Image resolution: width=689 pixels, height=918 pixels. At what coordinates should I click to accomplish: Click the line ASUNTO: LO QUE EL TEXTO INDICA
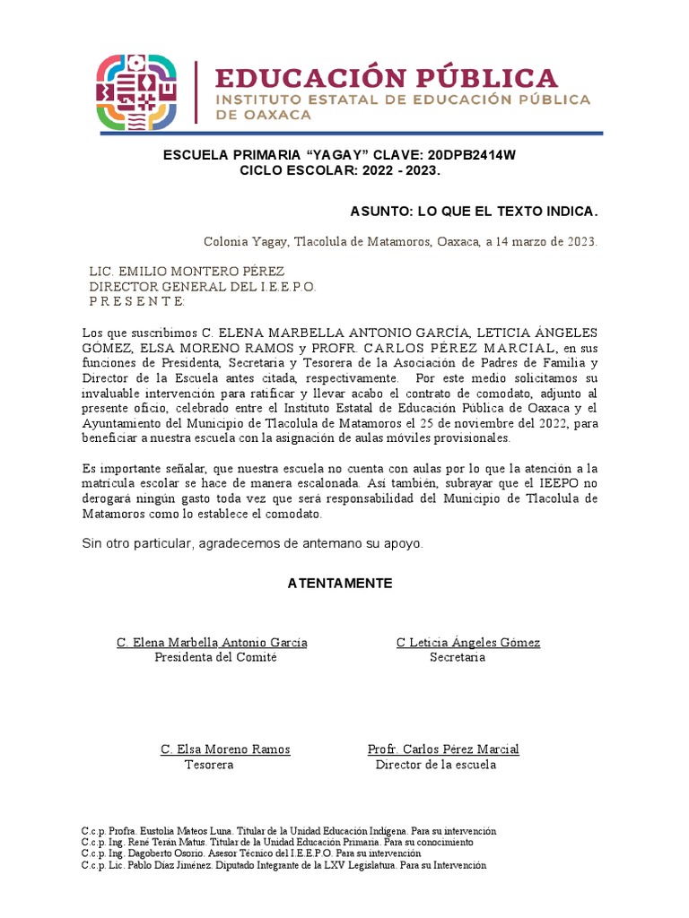tap(473, 212)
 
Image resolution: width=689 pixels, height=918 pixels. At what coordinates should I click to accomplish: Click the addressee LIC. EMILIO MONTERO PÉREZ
tap(187, 271)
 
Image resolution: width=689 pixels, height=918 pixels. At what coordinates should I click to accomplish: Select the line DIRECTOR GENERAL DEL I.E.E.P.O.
tap(202, 286)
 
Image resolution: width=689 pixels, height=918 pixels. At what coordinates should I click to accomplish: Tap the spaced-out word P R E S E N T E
tap(136, 301)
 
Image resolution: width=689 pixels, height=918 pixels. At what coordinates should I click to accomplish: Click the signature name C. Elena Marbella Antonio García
tap(212, 642)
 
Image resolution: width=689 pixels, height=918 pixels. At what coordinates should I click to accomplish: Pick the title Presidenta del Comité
tap(215, 657)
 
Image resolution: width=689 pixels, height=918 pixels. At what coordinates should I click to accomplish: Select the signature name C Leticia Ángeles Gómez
tap(468, 642)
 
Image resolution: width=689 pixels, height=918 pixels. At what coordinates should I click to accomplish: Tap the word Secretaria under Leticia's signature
tap(458, 657)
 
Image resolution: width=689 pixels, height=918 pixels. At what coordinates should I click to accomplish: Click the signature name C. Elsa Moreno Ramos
tap(225, 749)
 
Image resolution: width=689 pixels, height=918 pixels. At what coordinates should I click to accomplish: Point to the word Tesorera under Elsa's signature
tap(209, 765)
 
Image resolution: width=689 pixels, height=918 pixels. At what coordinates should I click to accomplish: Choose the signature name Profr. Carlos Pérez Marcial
tap(443, 749)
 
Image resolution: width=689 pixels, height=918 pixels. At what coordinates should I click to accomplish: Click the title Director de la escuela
tap(435, 765)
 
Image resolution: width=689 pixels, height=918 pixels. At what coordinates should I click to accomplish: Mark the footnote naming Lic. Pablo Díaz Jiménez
tap(283, 866)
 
